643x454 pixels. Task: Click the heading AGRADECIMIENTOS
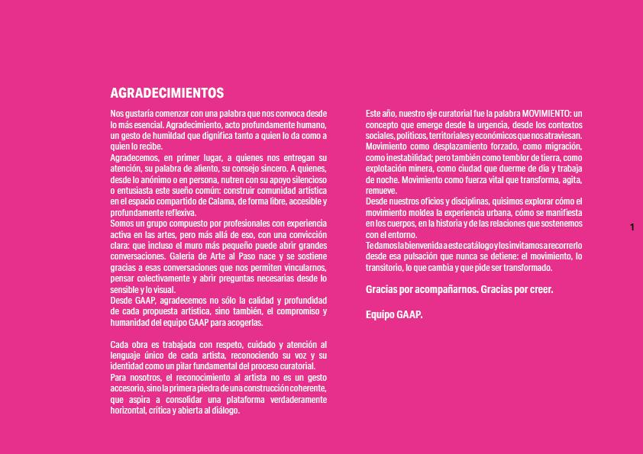tap(167, 93)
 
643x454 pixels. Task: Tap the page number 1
tap(632, 227)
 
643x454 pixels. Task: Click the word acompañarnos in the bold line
tap(438, 291)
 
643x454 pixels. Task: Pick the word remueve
tap(382, 190)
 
